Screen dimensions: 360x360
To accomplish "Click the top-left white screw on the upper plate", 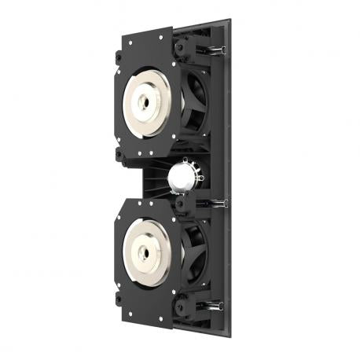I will (124, 40).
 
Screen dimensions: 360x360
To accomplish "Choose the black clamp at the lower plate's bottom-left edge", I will (116, 299).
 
